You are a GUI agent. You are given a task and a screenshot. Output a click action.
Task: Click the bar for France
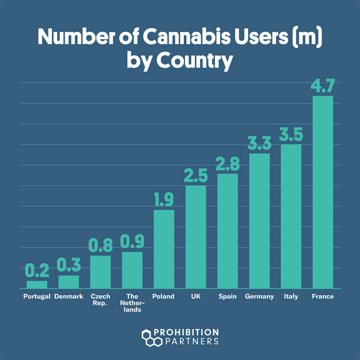coord(323,191)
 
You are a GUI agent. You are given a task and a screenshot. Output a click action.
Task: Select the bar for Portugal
coord(37,284)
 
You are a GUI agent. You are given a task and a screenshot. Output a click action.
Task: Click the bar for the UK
coord(196,236)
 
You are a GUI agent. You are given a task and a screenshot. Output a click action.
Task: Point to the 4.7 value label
coord(323,87)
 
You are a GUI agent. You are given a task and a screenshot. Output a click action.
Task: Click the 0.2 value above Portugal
coord(37,272)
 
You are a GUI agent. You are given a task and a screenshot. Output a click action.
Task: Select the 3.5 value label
coord(291,136)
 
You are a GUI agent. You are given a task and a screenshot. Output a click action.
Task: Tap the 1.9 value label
coord(164,200)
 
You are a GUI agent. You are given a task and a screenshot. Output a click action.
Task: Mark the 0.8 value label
coord(101,246)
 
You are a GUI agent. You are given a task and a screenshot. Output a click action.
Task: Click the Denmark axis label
coord(69,296)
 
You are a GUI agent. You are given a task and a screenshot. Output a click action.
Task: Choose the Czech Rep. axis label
coord(101,300)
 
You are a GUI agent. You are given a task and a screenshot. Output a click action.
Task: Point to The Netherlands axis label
coord(132,303)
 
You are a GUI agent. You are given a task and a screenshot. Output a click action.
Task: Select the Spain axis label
coord(227,296)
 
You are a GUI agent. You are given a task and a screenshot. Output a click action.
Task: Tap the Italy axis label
coord(291,296)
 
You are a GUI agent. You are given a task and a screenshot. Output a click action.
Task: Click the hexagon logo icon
coord(149,337)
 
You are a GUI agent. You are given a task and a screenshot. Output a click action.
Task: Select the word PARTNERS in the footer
coord(188,341)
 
